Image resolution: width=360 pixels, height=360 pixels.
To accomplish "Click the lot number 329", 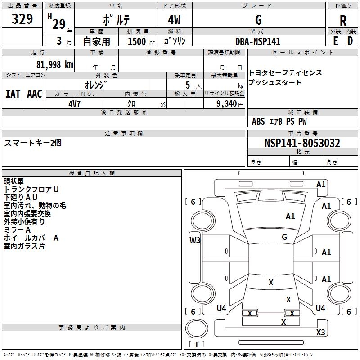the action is (x=22, y=19).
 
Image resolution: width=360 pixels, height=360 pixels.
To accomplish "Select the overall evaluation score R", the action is (x=343, y=21).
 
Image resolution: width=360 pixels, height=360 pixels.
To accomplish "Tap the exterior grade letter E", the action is (x=335, y=40).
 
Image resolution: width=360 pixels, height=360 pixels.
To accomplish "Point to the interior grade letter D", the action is (x=350, y=40).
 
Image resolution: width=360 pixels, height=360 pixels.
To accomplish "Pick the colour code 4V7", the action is (x=74, y=103).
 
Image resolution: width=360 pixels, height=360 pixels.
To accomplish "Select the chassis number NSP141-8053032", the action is (x=302, y=143).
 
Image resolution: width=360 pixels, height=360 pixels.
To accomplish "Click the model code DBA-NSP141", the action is (x=258, y=41).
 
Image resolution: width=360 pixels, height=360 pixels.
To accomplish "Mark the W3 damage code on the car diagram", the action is (x=194, y=240).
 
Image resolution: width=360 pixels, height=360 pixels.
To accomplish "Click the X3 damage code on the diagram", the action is (x=320, y=333).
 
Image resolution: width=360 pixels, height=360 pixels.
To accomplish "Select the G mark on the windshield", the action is (x=284, y=237).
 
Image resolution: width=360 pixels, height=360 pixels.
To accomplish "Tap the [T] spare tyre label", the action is (x=197, y=345).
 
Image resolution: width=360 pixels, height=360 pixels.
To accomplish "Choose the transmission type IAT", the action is (x=13, y=94).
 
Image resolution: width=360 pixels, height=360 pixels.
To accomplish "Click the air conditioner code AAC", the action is (x=34, y=94).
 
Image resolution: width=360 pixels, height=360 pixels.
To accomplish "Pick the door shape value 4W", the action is (x=175, y=20).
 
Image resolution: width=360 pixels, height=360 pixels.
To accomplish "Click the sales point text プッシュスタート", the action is (x=275, y=83).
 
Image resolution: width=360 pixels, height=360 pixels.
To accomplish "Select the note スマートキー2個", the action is (x=33, y=143).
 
